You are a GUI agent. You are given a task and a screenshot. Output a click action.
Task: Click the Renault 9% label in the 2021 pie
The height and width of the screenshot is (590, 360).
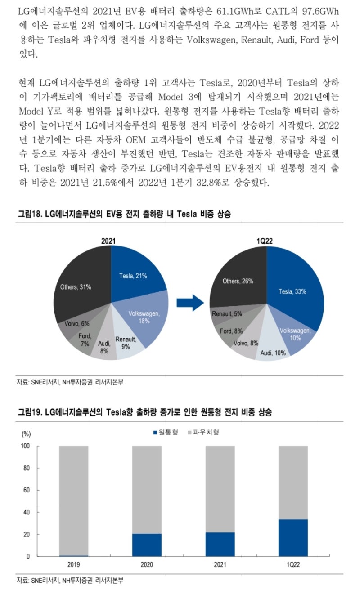[x=126, y=343]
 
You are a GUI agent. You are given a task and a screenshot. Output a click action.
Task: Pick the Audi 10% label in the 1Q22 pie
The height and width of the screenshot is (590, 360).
[x=273, y=353]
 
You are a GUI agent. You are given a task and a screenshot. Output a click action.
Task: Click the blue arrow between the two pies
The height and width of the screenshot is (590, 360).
[x=190, y=303]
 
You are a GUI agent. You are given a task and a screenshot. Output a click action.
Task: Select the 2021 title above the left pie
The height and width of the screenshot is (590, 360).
[x=108, y=241]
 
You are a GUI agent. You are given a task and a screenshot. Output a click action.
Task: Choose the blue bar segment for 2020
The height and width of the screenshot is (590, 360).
[x=147, y=545]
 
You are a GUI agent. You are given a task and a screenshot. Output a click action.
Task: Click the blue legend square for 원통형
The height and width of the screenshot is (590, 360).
[x=155, y=432]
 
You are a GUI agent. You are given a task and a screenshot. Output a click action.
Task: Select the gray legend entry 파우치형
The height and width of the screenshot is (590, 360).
[x=206, y=432]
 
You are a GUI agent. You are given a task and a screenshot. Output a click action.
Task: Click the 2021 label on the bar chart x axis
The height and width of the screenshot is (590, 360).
[x=220, y=564]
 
